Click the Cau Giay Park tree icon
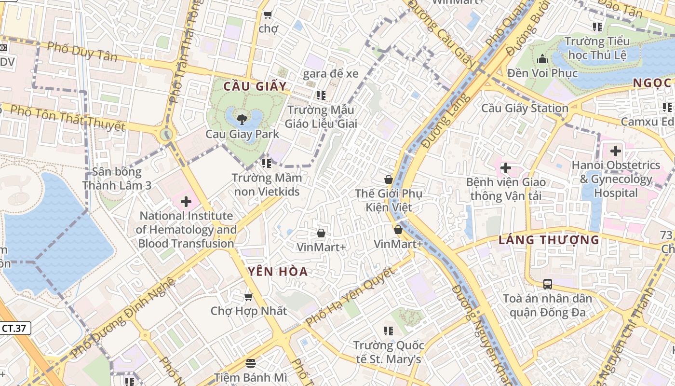(242, 119)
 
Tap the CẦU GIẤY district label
(255, 86)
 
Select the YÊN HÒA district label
(279, 272)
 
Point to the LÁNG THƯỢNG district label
(549, 240)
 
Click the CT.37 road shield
(14, 329)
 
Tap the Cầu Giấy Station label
(525, 108)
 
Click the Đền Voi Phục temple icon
(542, 59)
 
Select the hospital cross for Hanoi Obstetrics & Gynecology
(615, 151)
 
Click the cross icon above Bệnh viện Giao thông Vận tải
(505, 168)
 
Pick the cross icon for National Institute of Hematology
(186, 202)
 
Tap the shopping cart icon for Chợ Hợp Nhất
(249, 297)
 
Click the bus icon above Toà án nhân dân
(547, 284)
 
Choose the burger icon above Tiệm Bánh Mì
(250, 363)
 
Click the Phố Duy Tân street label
(82, 52)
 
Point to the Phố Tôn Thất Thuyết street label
(67, 118)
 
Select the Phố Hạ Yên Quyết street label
(351, 296)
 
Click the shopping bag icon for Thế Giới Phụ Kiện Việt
(388, 180)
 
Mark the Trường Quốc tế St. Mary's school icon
(388, 331)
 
